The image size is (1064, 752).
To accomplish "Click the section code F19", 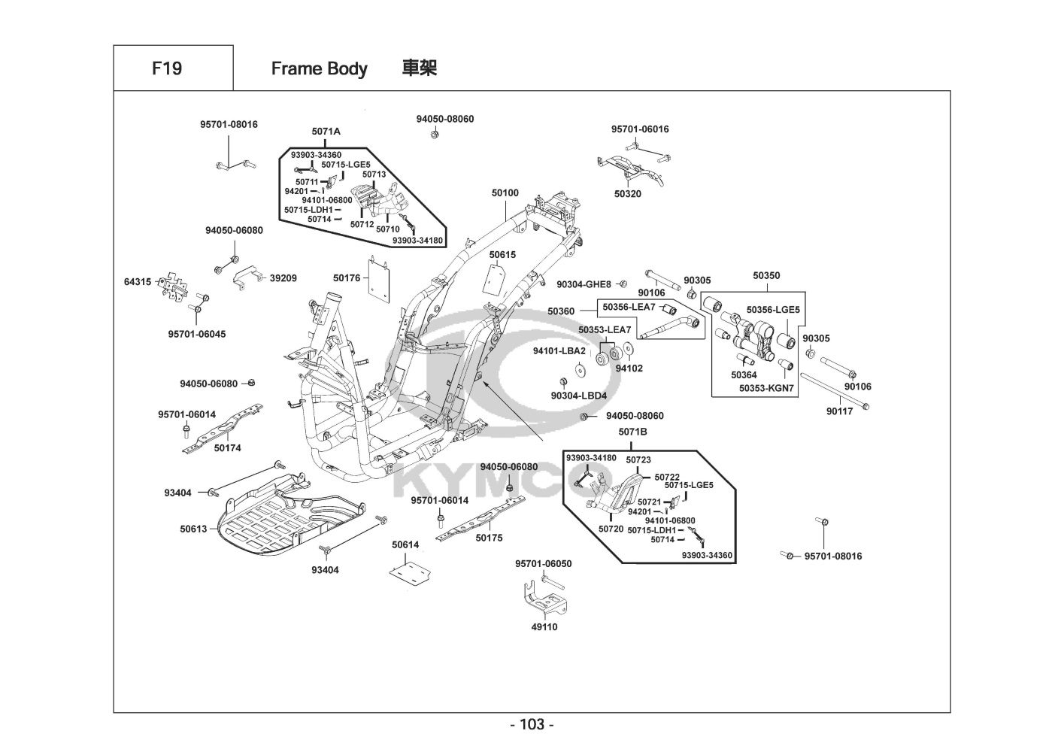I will pos(166,68).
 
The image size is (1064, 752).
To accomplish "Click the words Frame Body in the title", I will pos(319,69).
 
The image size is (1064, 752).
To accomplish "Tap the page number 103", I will pos(532,725).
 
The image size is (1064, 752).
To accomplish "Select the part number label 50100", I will pos(505,193).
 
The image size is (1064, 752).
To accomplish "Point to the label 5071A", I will pos(326,132).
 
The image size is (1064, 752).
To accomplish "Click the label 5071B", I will pos(632,432).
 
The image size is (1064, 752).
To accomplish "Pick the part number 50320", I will pos(628,193).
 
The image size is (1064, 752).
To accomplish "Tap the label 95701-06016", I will pos(640,129).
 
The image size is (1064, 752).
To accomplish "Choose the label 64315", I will pos(138,282).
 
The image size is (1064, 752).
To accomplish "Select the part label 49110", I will pos(544,627).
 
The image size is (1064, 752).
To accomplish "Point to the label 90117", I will pos(840,411).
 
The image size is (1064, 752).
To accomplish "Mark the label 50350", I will pos(766,276).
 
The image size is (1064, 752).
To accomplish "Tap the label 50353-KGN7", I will pos(766,389).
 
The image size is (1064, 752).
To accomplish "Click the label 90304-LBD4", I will pos(578,396).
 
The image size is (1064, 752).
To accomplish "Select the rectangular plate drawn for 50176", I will pos(379,279).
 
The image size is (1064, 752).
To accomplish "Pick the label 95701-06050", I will pos(544,564).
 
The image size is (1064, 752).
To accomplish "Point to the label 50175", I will pos(489,538).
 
